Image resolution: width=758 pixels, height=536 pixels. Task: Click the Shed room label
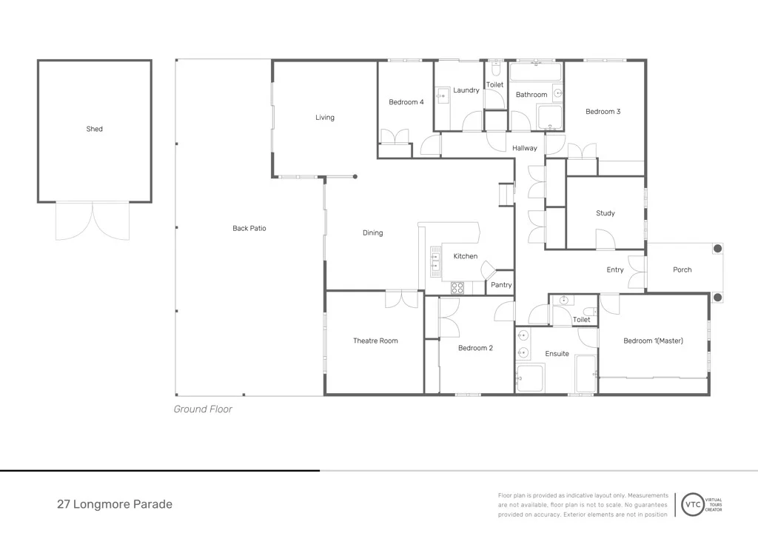point(94,129)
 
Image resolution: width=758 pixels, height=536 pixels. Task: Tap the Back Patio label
point(249,228)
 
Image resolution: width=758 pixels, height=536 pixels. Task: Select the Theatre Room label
point(375,341)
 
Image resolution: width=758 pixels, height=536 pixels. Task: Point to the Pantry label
point(501,285)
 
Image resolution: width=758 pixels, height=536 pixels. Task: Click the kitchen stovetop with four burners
point(457,288)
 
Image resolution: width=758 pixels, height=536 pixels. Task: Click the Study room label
point(606,213)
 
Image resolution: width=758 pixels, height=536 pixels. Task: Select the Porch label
point(682,269)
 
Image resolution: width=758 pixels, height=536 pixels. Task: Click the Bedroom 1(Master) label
point(653,341)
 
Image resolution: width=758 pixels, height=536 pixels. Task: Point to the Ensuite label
point(557,354)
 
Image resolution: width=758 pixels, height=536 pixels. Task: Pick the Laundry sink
point(443,96)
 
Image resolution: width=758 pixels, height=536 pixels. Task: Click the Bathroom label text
point(531,95)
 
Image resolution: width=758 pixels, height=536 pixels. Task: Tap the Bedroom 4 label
point(406,102)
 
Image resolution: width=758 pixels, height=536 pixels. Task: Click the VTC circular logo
point(693,505)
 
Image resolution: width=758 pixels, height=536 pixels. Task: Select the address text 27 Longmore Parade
point(115,504)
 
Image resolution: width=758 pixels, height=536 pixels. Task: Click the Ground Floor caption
point(203,409)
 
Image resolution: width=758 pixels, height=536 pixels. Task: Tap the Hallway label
point(525,148)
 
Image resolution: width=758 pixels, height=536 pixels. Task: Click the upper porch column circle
point(718,249)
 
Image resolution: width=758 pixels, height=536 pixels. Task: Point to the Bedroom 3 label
point(603,112)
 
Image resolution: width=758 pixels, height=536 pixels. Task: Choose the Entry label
point(615,269)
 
